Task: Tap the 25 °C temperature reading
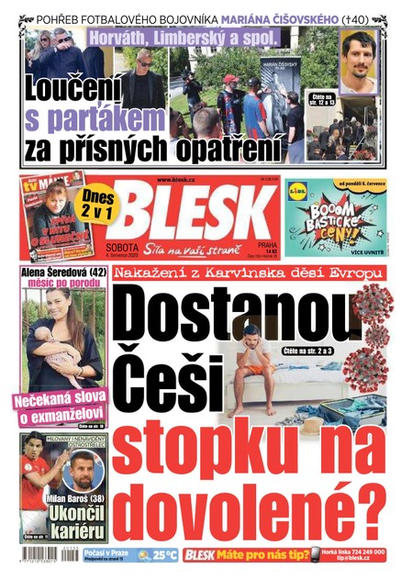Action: tap(163, 554)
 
